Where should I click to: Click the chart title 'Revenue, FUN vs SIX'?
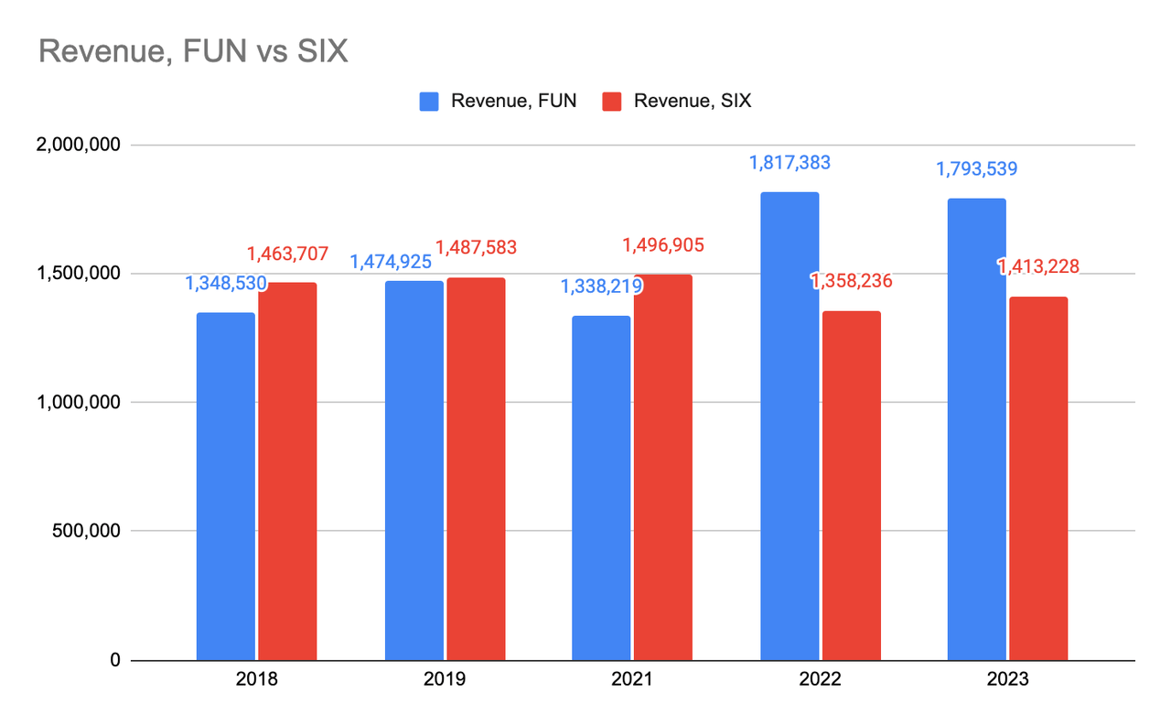pyautogui.click(x=193, y=52)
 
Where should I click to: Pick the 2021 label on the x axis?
pyautogui.click(x=632, y=680)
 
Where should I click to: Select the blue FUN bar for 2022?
pyautogui.click(x=790, y=426)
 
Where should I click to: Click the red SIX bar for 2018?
pyautogui.click(x=287, y=471)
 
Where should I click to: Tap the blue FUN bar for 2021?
pyautogui.click(x=601, y=487)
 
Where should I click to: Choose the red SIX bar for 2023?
pyautogui.click(x=1038, y=478)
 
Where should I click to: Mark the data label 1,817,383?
pyautogui.click(x=790, y=163)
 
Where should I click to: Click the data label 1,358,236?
pyautogui.click(x=851, y=281)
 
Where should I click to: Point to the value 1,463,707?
pyautogui.click(x=287, y=253)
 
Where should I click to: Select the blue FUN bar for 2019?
pyautogui.click(x=414, y=470)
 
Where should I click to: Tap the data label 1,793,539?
pyautogui.click(x=976, y=169)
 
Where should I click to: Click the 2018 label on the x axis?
pyautogui.click(x=257, y=680)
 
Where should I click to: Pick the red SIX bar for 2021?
pyautogui.click(x=663, y=467)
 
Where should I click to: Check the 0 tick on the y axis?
pyautogui.click(x=114, y=660)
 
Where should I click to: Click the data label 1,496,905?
pyautogui.click(x=663, y=245)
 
